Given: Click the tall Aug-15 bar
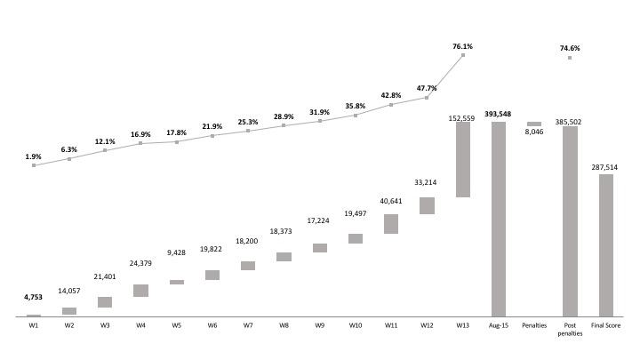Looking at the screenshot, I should coord(498,219).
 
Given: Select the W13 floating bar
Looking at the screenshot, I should coord(462,159).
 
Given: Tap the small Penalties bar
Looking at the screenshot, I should coord(533,124).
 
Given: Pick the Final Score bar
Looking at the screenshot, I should coord(605,244).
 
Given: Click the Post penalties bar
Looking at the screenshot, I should coord(570,220).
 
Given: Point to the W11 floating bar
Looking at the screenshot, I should coord(391,223).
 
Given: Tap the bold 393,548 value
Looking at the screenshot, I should coord(498,114).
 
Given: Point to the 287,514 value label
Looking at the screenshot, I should coord(605,166).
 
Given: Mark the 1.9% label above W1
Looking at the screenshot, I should coord(34,156).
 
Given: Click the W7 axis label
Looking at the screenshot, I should coord(248,326).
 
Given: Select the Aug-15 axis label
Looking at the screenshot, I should coord(498,326).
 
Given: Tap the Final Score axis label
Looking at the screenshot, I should coord(605,326).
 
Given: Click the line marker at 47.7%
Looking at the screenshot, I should coord(427,98).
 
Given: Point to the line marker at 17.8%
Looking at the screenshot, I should coord(177,142).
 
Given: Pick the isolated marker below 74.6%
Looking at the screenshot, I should coord(570,58).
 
